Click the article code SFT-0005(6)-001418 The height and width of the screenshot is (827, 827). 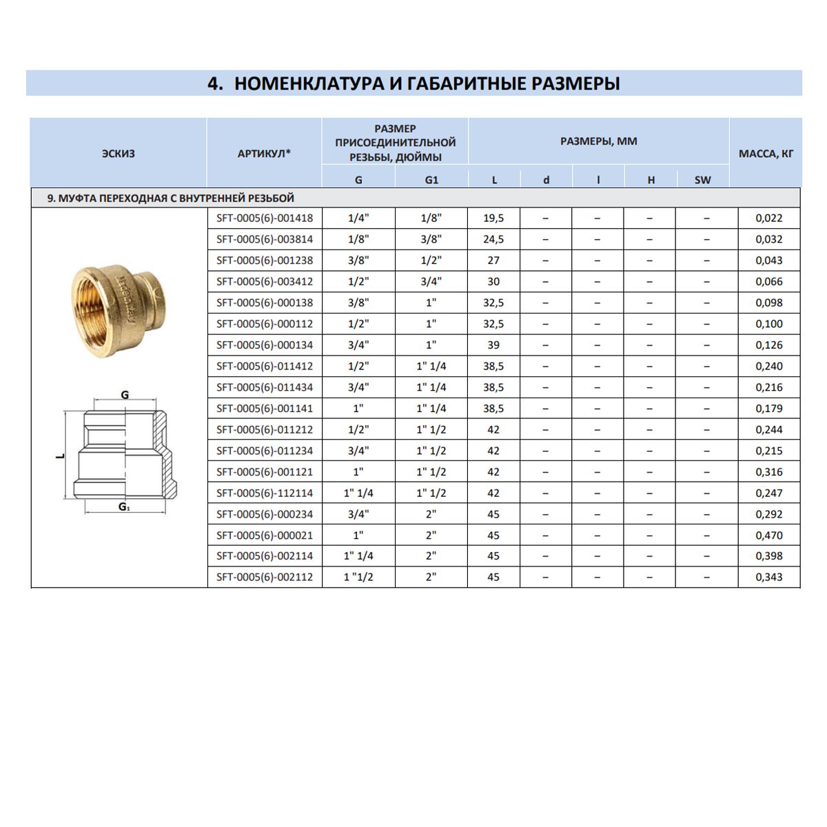265,218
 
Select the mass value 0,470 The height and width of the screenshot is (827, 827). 769,535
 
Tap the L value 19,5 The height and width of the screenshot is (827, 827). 493,218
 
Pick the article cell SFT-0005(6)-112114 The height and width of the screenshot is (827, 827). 265,493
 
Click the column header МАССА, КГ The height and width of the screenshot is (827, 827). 766,154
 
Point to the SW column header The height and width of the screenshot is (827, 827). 702,181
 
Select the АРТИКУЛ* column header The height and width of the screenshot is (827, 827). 264,154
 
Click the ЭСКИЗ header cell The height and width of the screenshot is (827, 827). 119,154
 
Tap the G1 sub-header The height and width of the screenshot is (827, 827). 431,181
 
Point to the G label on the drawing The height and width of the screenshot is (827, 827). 125,396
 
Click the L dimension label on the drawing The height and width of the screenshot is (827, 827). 60,456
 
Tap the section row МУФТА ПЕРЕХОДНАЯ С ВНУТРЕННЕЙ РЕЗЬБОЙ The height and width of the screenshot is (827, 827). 171,198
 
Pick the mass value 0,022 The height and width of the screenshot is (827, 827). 769,218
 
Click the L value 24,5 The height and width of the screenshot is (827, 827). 493,240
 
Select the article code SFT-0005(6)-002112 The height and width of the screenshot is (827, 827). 265,578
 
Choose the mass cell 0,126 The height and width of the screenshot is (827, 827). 769,345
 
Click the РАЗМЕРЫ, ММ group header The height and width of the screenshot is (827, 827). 598,141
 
